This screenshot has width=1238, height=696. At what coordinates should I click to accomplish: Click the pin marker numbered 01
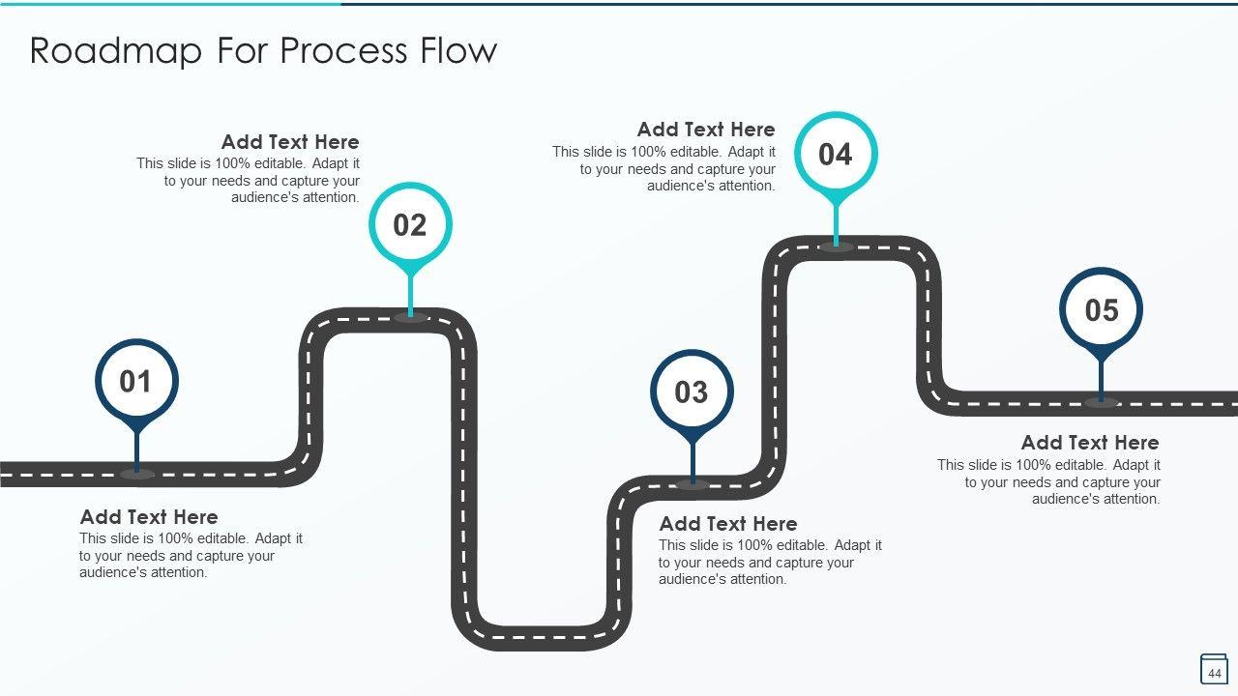(x=136, y=382)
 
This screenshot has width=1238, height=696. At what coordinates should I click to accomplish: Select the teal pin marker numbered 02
(x=410, y=225)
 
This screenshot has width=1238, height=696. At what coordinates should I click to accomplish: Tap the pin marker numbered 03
(x=692, y=392)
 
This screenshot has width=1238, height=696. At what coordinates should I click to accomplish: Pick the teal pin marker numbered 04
(x=836, y=155)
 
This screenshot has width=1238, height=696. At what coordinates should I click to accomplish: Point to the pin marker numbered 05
(x=1101, y=310)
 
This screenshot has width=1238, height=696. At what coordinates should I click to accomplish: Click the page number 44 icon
(x=1214, y=670)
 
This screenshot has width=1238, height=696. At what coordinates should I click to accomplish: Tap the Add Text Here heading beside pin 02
(x=290, y=142)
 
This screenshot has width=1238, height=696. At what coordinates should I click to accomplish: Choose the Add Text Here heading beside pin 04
(x=706, y=130)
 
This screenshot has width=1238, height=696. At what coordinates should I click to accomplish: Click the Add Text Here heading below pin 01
(x=149, y=517)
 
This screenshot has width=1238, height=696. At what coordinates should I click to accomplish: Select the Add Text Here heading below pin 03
(x=728, y=524)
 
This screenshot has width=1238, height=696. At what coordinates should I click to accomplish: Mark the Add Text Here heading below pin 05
(x=1090, y=443)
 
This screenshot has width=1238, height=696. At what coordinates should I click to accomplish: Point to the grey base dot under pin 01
(x=136, y=474)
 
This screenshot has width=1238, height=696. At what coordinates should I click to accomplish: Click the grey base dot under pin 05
(x=1101, y=402)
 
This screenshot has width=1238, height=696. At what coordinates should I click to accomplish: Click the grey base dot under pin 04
(x=836, y=246)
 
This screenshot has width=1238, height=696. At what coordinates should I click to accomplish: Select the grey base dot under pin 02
(x=410, y=317)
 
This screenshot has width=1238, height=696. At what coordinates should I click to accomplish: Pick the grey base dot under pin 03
(x=692, y=484)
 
